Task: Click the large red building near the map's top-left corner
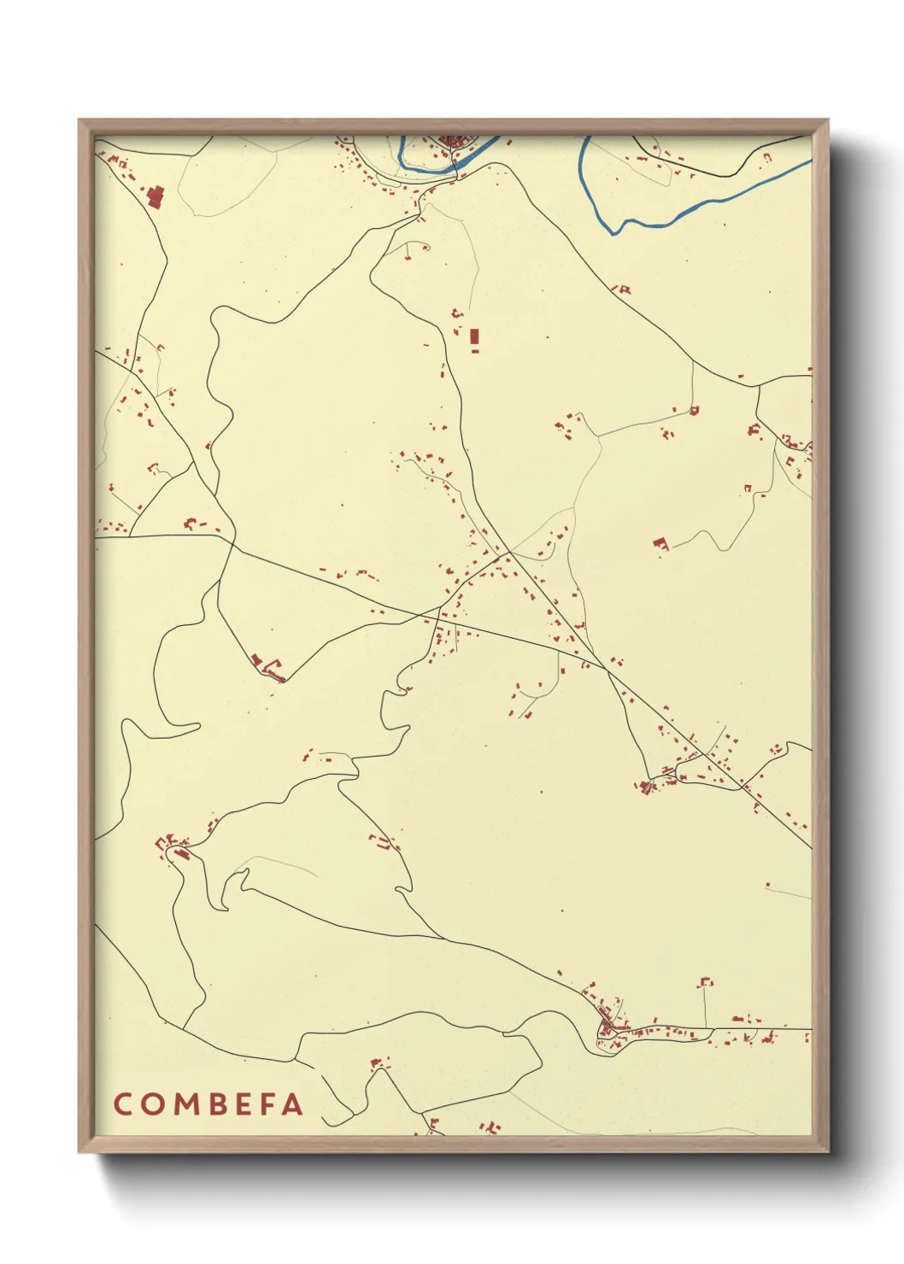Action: click(x=156, y=197)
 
